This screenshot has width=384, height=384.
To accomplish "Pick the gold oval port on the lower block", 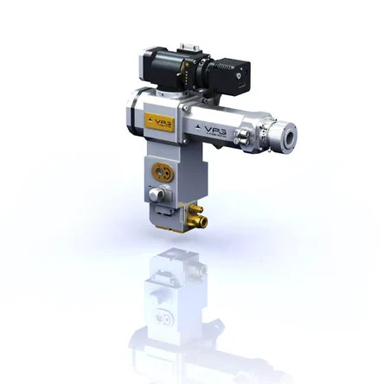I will [x=159, y=170].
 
